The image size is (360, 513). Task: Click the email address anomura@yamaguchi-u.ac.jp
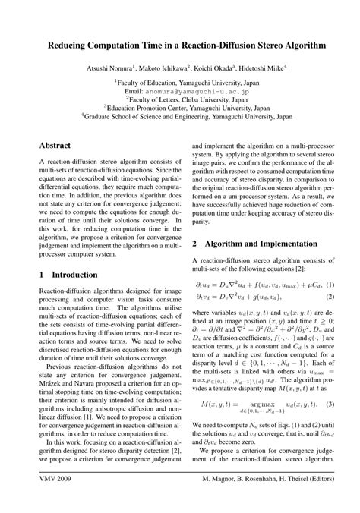tap(191, 90)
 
